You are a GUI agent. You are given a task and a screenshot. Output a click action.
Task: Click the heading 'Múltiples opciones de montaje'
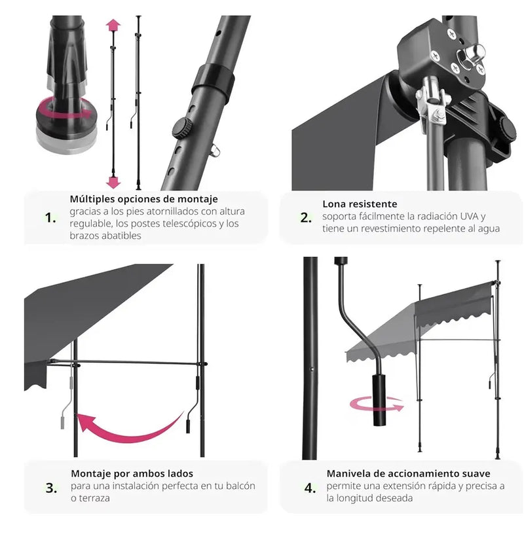tap(143, 199)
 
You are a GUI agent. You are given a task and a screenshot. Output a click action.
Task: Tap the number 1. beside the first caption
tap(50, 218)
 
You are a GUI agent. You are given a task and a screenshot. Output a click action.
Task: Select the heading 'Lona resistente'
tap(360, 204)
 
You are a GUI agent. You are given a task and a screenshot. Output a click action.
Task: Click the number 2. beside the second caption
tap(306, 218)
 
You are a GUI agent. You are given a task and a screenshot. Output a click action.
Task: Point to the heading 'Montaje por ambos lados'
tap(132, 473)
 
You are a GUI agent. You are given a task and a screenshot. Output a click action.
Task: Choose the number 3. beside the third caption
tap(51, 488)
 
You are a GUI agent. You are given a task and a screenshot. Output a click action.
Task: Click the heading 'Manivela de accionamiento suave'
tap(409, 473)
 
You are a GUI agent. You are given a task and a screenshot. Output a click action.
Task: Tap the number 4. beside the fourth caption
tap(310, 488)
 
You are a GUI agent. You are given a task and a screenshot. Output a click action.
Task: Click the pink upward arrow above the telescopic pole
tap(113, 26)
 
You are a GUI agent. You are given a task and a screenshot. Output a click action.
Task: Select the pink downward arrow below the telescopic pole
tap(113, 182)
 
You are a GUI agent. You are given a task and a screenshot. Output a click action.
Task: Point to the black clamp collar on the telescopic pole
tap(212, 82)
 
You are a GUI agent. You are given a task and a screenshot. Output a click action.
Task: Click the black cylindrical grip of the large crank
tap(379, 399)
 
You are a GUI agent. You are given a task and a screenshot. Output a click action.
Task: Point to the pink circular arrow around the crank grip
tap(377, 404)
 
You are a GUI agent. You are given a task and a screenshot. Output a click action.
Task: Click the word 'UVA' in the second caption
tap(470, 216)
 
